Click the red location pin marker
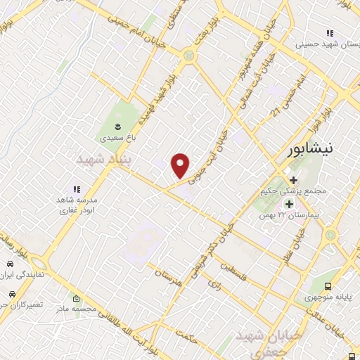181,165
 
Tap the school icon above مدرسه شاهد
77,189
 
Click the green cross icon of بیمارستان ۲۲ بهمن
288,204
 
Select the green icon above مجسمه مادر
77,300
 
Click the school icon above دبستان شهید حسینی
329,33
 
